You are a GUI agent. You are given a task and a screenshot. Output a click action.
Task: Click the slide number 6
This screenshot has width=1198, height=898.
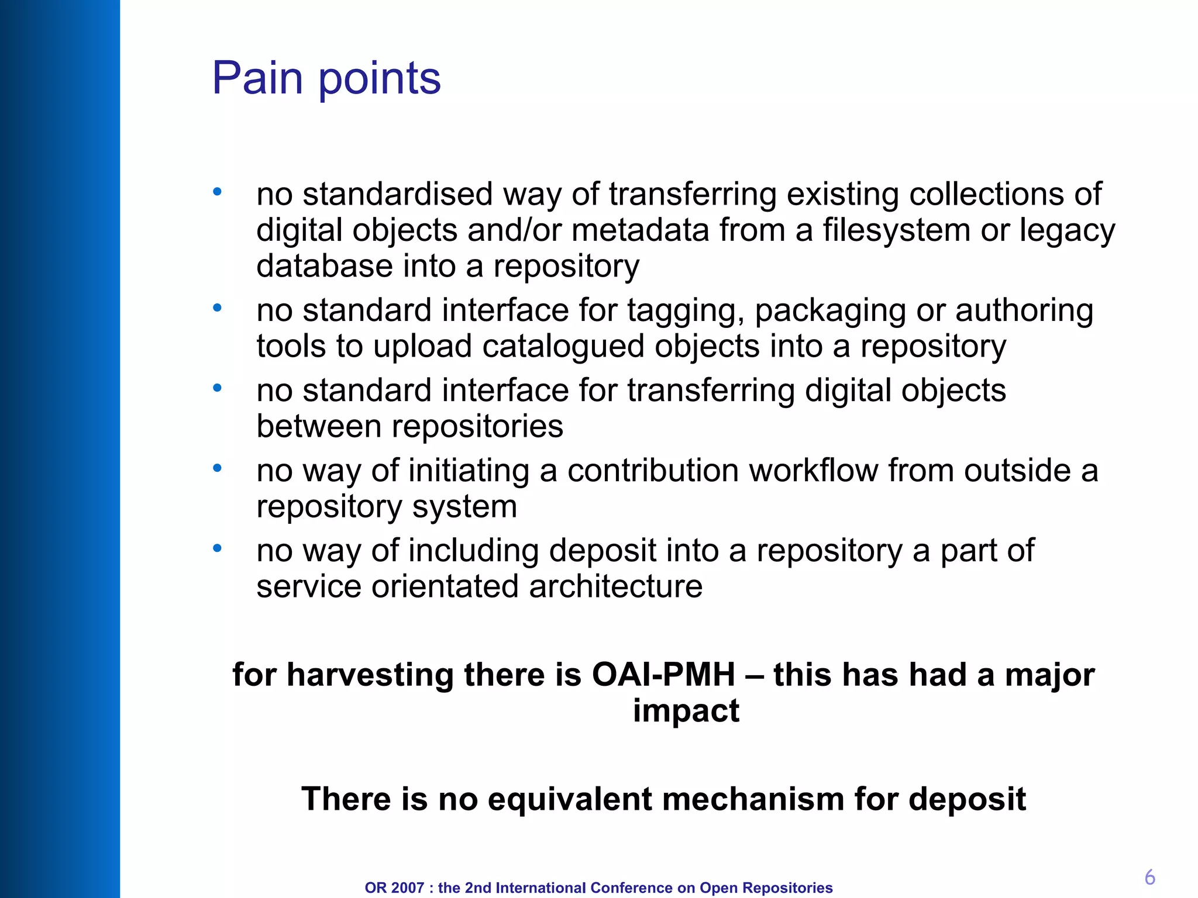[1149, 877]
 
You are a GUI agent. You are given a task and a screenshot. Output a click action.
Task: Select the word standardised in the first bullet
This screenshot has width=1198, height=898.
[397, 194]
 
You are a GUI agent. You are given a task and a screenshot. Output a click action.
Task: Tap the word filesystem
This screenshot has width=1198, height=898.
[897, 230]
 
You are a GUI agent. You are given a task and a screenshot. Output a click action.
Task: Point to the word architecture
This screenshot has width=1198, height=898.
[615, 586]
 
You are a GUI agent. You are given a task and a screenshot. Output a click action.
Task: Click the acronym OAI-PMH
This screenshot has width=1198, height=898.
[663, 675]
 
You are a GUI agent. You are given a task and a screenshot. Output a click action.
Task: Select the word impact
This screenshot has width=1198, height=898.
[686, 712]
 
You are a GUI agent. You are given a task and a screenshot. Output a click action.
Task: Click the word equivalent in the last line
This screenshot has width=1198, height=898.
[569, 799]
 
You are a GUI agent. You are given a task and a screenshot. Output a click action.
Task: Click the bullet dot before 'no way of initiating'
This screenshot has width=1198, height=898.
[217, 468]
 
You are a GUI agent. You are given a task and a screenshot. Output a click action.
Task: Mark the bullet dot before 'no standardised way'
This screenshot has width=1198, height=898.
[217, 192]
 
